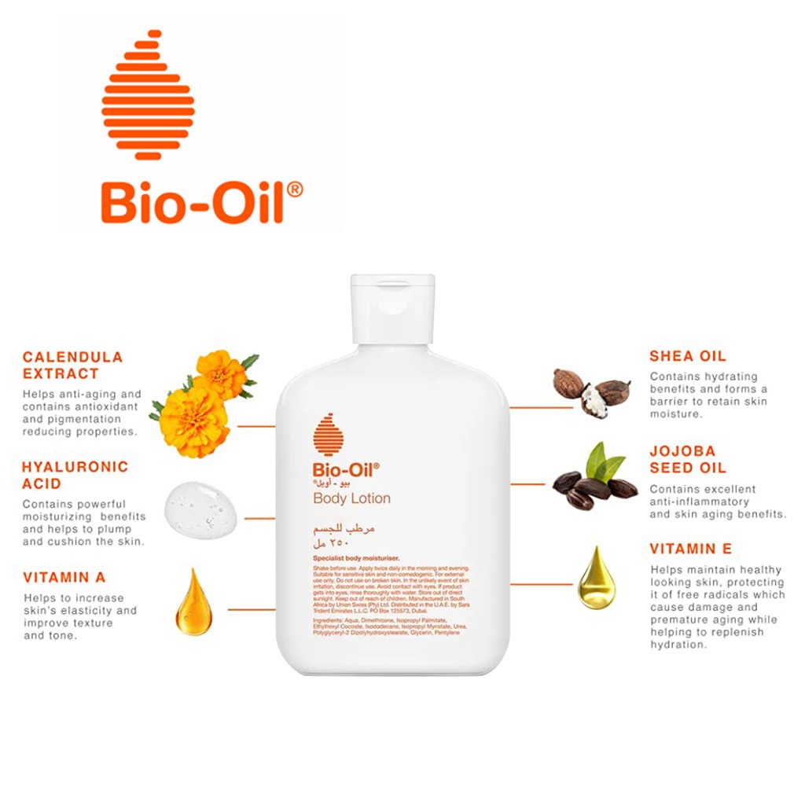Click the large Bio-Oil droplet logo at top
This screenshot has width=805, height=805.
tap(148, 94)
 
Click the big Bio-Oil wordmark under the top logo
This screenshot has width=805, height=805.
tap(201, 202)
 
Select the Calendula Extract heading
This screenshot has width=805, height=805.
tap(72, 365)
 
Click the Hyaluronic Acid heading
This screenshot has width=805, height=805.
tap(75, 475)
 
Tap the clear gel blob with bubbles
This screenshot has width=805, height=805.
tap(200, 510)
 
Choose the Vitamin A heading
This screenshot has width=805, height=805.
tap(64, 577)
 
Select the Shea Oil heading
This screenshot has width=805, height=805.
tap(688, 356)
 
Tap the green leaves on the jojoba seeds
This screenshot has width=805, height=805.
tap(604, 461)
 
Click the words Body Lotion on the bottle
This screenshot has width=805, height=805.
tap(351, 498)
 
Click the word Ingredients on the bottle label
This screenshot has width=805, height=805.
tap(328, 620)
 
